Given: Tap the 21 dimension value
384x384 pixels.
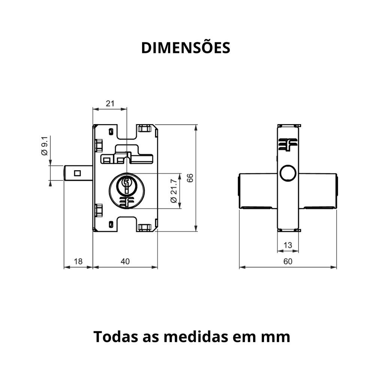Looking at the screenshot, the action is (110, 103).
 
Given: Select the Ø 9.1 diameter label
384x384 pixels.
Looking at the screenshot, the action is (45, 146).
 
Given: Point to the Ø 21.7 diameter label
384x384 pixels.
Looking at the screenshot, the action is (174, 191).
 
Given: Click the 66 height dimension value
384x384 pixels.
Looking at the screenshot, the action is (190, 178).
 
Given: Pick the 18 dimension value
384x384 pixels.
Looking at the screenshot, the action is (78, 261).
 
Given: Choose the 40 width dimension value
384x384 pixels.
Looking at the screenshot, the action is (125, 261).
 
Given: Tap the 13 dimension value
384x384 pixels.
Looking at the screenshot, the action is (288, 245).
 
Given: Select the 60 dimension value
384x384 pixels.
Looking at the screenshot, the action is (288, 261).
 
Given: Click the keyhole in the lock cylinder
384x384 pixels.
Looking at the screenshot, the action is (126, 185).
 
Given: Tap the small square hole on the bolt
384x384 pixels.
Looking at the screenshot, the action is (77, 173).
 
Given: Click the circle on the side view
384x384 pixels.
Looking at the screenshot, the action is (288, 173).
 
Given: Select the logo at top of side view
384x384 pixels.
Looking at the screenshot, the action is (288, 145).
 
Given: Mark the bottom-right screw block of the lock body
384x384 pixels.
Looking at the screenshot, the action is (144, 228).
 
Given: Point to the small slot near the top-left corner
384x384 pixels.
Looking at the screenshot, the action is (111, 131).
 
